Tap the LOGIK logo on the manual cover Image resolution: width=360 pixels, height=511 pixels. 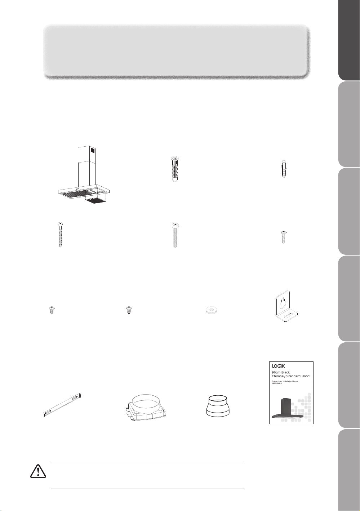(x=278, y=366)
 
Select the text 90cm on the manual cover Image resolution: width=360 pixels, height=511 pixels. (x=276, y=372)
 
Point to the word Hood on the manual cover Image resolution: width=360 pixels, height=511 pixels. (x=305, y=376)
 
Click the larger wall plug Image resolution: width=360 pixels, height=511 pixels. (x=175, y=169)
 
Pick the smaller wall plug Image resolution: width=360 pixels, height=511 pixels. (x=284, y=169)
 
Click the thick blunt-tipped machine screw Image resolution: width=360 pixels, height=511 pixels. (x=175, y=235)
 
